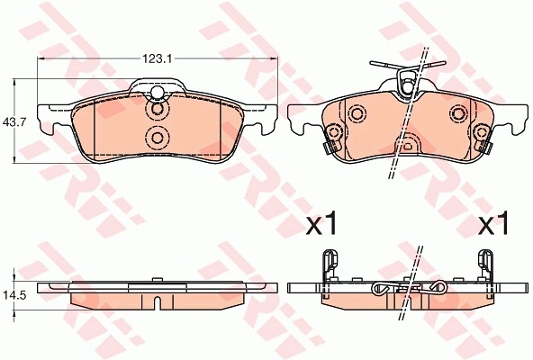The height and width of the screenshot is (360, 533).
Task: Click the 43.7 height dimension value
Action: [14, 121]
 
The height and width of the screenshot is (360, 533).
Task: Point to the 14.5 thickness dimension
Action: [14, 295]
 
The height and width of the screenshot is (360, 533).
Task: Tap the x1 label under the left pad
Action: [321, 223]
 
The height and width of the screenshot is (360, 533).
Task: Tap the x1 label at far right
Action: [492, 223]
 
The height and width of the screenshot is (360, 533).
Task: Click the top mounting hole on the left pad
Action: [157, 92]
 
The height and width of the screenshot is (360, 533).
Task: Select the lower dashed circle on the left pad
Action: [157, 138]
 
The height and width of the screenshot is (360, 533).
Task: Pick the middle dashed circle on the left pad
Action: [157, 109]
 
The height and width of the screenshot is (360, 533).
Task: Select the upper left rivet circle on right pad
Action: [357, 113]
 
